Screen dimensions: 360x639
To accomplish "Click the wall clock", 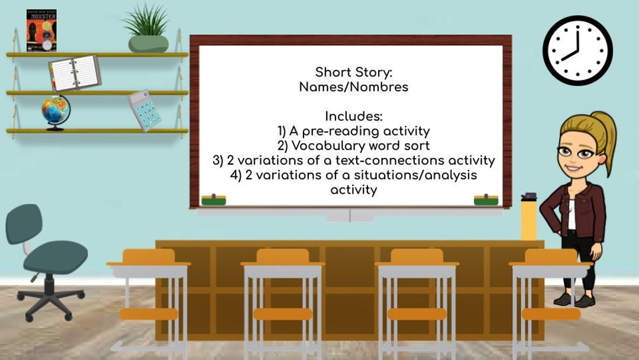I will pos(577,50).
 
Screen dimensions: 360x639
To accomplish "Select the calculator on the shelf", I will pos(144,110).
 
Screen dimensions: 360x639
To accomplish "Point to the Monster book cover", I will pos(41,30).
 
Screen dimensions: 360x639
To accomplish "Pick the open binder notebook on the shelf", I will pos(75,73).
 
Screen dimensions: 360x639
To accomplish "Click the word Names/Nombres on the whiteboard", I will pos(353,87).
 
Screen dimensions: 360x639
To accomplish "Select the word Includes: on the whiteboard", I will pos(354,117).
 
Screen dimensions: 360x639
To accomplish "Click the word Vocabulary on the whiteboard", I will pos(327,146).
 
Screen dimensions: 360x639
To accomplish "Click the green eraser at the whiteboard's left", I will pos(214,200).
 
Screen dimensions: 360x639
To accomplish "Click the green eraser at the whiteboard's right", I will pos(486,200).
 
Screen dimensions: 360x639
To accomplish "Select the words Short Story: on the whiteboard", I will pos(353,72).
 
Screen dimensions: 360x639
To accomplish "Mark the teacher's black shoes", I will pos(574,300).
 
